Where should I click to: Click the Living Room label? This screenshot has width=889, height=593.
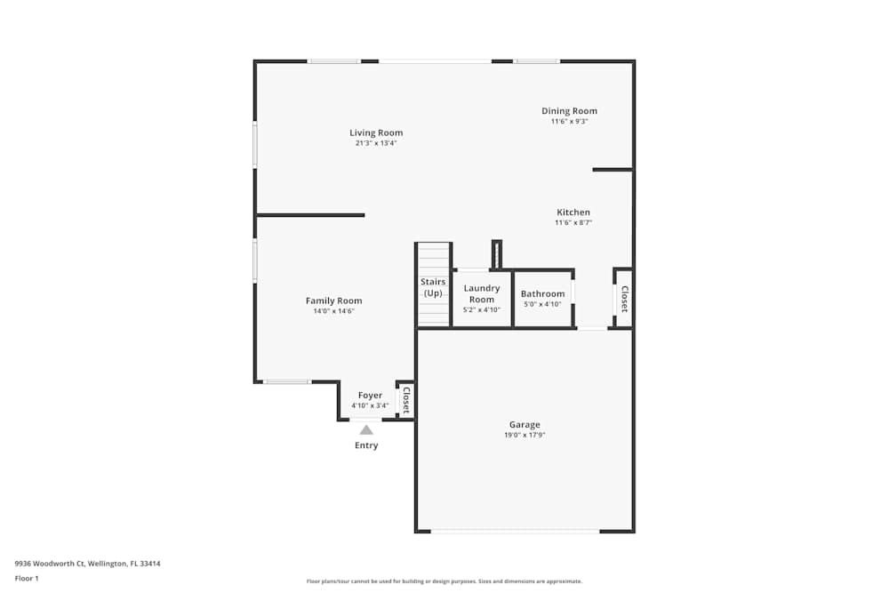click(376, 132)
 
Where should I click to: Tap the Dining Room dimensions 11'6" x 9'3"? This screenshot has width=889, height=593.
click(569, 121)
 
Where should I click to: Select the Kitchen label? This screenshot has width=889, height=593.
click(573, 212)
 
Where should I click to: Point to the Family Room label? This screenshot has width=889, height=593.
click(333, 301)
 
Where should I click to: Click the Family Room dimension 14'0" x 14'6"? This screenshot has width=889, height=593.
click(333, 311)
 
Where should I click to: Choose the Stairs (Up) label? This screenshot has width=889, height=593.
click(433, 287)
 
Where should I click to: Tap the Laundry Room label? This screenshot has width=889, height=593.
click(482, 293)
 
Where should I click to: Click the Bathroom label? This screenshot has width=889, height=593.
click(542, 293)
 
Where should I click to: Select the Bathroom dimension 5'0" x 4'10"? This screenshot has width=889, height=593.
click(542, 304)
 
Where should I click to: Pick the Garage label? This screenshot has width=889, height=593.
click(525, 424)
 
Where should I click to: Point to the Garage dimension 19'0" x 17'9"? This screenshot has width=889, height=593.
click(525, 435)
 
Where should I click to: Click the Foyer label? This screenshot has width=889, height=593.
click(370, 395)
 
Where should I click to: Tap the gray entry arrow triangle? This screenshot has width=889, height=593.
click(366, 429)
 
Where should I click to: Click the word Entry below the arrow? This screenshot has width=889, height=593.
click(366, 445)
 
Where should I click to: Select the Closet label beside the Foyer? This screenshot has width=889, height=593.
click(405, 400)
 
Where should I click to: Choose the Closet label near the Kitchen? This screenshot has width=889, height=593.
click(623, 299)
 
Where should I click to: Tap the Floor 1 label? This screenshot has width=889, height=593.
click(27, 578)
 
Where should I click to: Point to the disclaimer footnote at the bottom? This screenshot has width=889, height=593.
click(444, 581)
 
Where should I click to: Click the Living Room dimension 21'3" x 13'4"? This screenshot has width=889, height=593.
click(376, 142)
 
